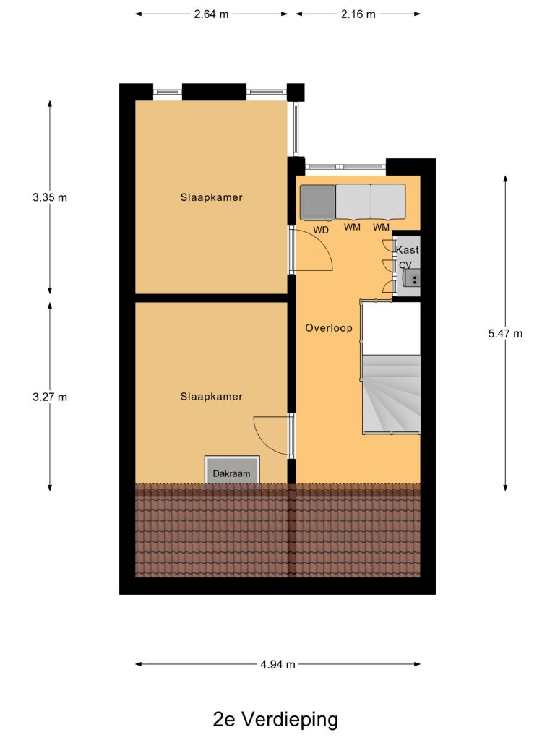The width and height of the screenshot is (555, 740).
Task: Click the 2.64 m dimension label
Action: pyautogui.click(x=211, y=14)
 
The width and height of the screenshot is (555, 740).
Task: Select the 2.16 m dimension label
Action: pyautogui.click(x=358, y=14)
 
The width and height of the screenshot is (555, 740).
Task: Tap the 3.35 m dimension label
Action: pyautogui.click(x=50, y=197)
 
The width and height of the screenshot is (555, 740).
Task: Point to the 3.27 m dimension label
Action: pyautogui.click(x=50, y=397)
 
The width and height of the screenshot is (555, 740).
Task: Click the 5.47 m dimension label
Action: pyautogui.click(x=505, y=334)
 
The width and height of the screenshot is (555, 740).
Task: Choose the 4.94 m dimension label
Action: pyautogui.click(x=277, y=665)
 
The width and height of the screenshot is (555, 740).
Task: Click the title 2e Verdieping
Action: pyautogui.click(x=275, y=720)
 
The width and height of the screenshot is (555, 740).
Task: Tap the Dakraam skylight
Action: pyautogui.click(x=232, y=470)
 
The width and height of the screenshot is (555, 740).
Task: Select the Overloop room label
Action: pyautogui.click(x=329, y=328)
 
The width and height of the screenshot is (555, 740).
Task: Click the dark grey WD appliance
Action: pyautogui.click(x=318, y=202)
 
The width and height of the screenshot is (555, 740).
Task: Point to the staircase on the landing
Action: pyautogui.click(x=391, y=394)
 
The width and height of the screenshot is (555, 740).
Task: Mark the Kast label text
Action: pyautogui.click(x=408, y=249)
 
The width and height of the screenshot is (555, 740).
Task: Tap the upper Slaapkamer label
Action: pyautogui.click(x=212, y=197)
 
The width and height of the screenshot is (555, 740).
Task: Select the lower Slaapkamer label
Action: pyautogui.click(x=212, y=397)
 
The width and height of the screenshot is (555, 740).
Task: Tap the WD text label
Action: pyautogui.click(x=321, y=231)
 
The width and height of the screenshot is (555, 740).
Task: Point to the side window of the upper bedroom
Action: pyautogui.click(x=296, y=129)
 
